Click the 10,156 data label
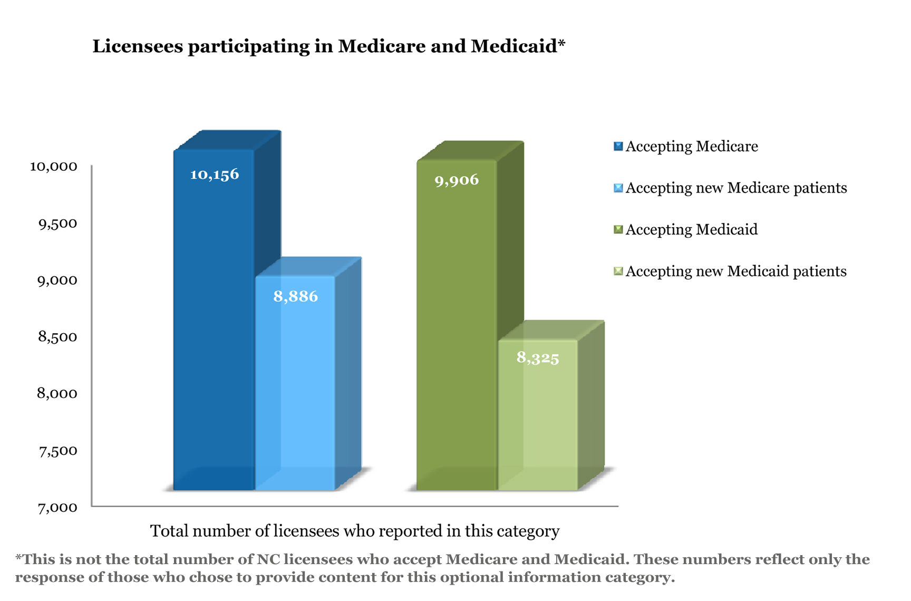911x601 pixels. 215,175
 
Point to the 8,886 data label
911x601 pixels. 295,297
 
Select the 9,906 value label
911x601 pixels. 457,180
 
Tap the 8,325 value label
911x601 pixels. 538,358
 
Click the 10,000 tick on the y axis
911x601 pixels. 54,167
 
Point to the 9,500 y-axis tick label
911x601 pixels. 57,224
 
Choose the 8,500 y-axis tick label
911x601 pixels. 57,337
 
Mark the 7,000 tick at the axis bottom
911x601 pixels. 57,508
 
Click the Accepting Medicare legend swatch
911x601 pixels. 618,147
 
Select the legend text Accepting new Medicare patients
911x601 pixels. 736,188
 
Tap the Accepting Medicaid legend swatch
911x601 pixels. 618,230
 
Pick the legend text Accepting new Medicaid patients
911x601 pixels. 736,272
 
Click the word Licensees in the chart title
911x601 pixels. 138,46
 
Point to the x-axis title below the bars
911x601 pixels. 355,531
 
